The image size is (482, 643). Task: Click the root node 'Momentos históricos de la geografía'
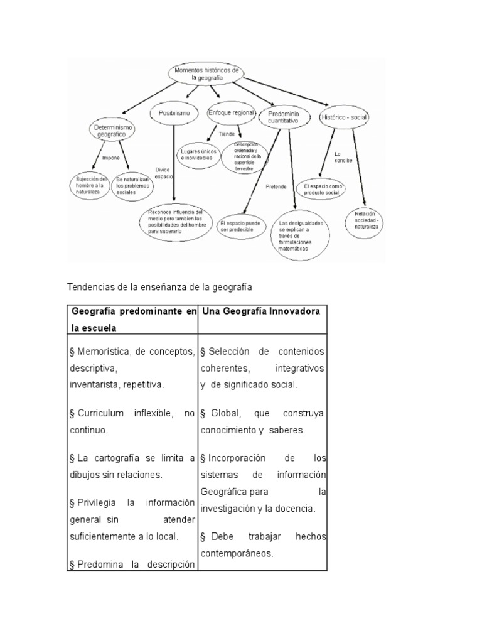(205, 73)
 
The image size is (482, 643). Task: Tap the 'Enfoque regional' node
(231, 113)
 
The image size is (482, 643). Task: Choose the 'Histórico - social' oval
(343, 117)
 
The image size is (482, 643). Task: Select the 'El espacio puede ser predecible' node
(240, 226)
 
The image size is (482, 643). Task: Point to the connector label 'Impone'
(111, 158)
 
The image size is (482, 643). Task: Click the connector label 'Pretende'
(276, 186)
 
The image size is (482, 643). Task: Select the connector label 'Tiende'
(227, 134)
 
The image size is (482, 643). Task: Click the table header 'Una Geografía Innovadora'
(260, 311)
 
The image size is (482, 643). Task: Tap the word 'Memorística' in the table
(101, 351)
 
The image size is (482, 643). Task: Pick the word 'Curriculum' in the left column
(100, 414)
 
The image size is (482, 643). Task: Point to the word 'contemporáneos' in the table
(237, 554)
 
